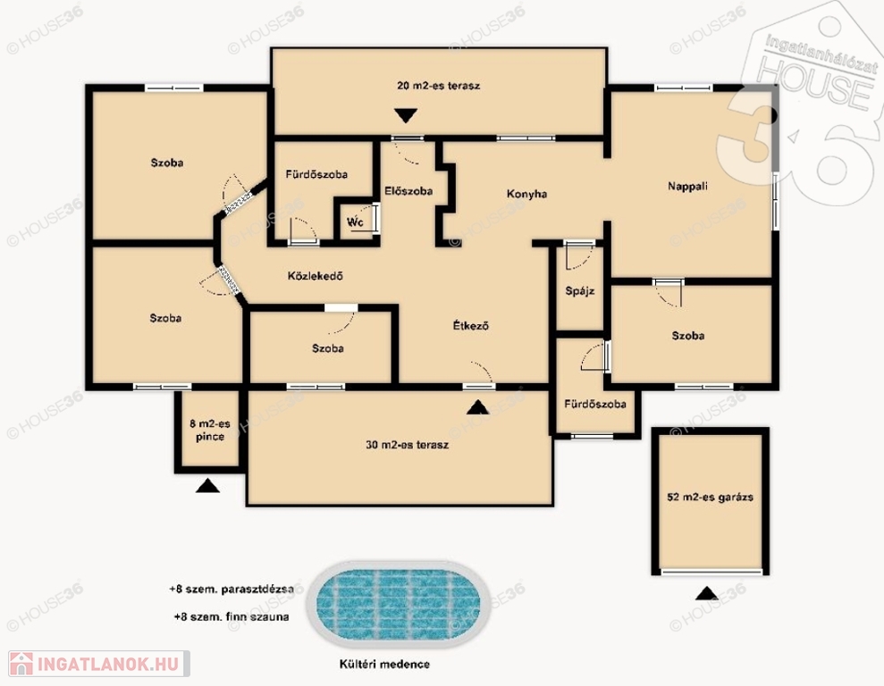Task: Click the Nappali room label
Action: (687, 187)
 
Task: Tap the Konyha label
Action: (526, 194)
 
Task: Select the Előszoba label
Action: (408, 191)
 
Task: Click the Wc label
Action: (355, 222)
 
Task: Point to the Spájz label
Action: (580, 291)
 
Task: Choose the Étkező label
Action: (471, 325)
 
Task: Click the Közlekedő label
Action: (316, 276)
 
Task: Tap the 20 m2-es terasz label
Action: (439, 86)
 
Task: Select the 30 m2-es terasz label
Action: (407, 445)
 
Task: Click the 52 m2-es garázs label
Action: (710, 498)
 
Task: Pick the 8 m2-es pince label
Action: (210, 431)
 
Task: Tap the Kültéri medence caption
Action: (384, 664)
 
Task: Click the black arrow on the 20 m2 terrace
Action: (406, 115)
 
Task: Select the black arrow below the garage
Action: (706, 593)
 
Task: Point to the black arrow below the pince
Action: (207, 486)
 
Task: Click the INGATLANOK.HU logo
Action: (99, 664)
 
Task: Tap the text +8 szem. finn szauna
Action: (232, 616)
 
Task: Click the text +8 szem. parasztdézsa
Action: (232, 590)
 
